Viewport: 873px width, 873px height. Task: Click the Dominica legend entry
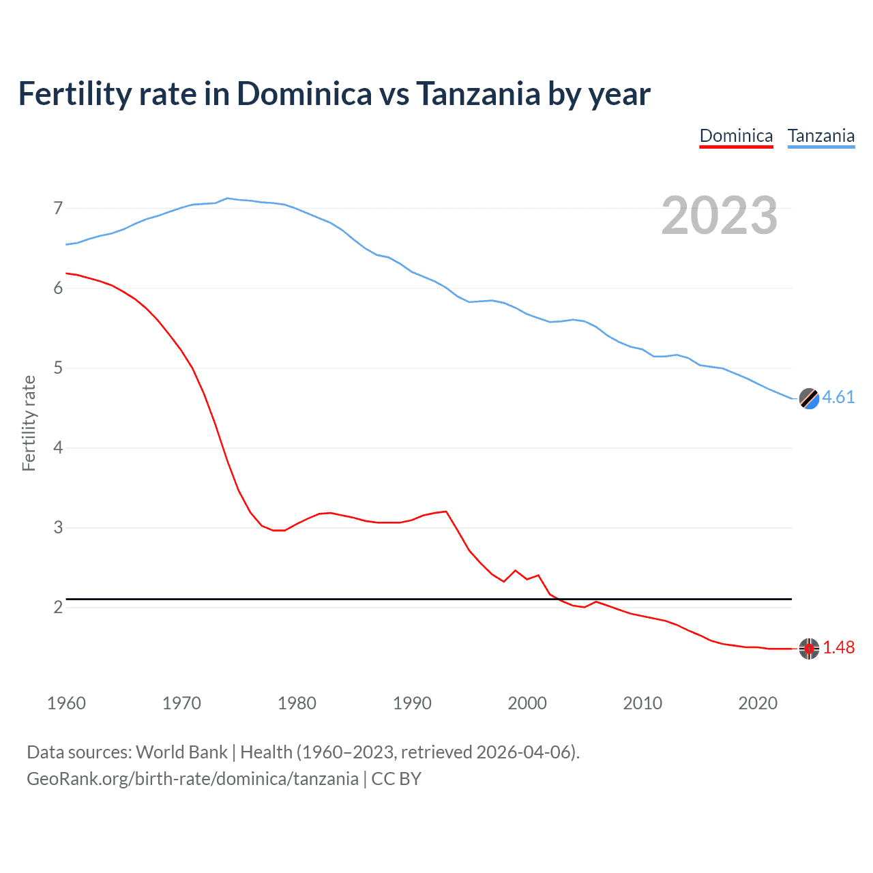(x=736, y=136)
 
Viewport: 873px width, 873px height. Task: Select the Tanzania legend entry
(x=820, y=136)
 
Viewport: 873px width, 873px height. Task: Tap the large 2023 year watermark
(x=719, y=216)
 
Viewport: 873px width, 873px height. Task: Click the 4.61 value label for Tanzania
(x=838, y=398)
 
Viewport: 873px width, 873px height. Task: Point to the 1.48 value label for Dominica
(x=838, y=648)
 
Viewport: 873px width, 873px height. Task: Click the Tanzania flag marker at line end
(x=809, y=398)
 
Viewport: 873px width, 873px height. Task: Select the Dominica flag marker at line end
(x=809, y=649)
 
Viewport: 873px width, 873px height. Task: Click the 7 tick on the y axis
(x=58, y=208)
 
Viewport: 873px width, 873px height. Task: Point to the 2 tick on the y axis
(x=58, y=607)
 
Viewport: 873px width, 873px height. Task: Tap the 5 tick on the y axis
(x=58, y=368)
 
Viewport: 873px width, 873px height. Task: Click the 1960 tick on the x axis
(x=66, y=703)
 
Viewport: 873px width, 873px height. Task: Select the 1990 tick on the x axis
(x=412, y=703)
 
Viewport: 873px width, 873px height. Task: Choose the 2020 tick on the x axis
(x=758, y=703)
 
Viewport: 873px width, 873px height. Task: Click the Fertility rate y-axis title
(x=29, y=423)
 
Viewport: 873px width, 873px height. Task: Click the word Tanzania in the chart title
(x=477, y=94)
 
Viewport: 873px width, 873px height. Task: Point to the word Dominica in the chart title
(x=304, y=94)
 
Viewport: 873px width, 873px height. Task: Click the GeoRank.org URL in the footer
(x=192, y=779)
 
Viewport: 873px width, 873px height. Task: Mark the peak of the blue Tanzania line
(x=227, y=198)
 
